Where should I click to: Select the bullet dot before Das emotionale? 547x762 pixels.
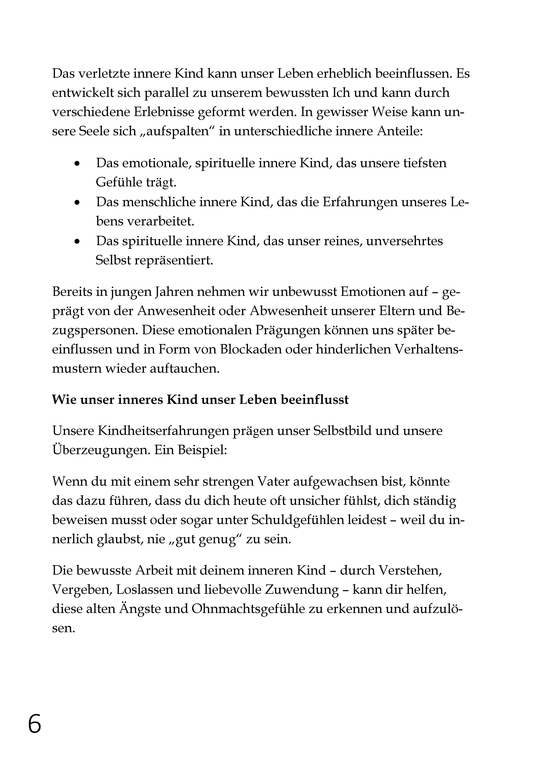78,164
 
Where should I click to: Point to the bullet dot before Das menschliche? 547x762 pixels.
78,203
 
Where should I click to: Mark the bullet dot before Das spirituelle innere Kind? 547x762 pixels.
78,241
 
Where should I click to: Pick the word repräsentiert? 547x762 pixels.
173,260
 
